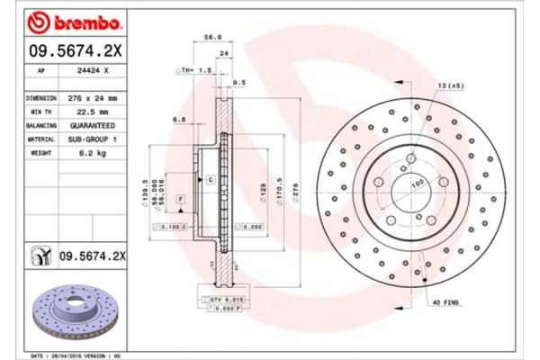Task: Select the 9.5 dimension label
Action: point(239,82)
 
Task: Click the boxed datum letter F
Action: point(181,197)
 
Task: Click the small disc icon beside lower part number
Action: point(40,256)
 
